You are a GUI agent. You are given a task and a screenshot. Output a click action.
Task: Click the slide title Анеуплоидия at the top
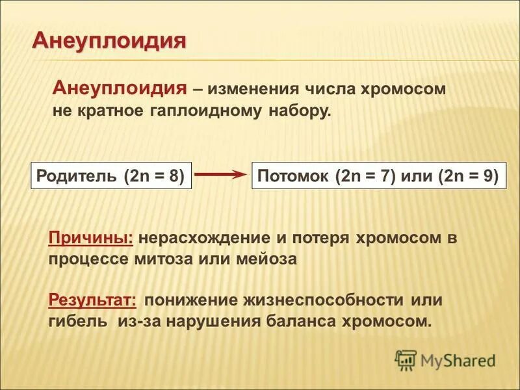tap(109, 40)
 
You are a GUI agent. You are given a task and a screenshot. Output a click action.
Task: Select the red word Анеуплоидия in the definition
tap(120, 88)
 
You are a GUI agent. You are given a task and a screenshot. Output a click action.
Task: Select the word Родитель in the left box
tap(76, 176)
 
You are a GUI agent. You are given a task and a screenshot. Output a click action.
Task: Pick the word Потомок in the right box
tap(294, 176)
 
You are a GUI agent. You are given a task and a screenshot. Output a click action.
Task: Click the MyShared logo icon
tap(406, 359)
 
